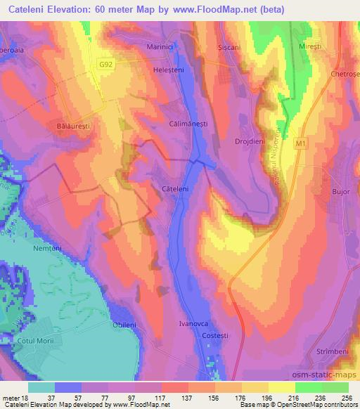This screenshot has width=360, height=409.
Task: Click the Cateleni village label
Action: [174, 189]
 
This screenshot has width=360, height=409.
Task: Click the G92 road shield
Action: [106, 64]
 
